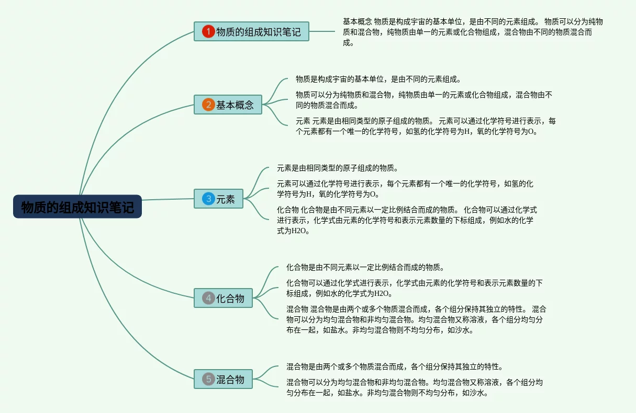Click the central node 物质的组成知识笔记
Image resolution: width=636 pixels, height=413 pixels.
coord(77,207)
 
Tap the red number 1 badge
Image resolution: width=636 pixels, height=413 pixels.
coord(208,32)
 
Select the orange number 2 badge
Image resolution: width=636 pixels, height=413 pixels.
coord(208,105)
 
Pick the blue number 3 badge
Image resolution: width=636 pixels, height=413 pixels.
coord(208,199)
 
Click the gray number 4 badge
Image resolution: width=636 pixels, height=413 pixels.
coord(208,298)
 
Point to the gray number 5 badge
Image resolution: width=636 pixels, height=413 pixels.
coord(208,379)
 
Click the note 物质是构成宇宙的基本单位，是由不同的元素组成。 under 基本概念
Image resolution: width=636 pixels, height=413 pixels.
coord(378,79)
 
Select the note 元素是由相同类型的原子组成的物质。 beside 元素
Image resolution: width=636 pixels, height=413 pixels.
coord(338,168)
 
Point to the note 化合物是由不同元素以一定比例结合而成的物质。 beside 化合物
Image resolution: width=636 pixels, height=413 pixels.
coord(365,267)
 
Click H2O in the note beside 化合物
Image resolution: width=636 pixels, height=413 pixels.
coord(382,293)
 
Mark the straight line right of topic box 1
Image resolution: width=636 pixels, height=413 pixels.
coord(322,31)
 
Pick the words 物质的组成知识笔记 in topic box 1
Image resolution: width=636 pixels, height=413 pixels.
coord(259,32)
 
